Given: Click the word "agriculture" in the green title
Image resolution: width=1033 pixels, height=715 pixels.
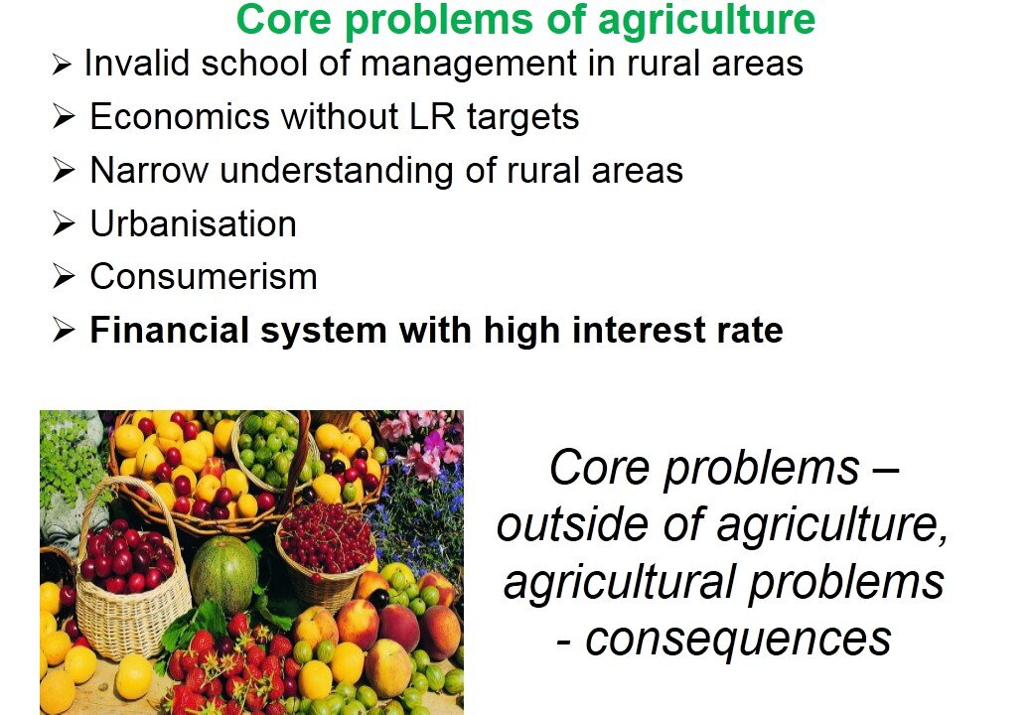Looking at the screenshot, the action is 705,21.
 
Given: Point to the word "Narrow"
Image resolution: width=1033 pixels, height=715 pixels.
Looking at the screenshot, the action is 149,171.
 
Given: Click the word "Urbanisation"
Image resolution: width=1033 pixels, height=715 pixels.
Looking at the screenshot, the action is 193,223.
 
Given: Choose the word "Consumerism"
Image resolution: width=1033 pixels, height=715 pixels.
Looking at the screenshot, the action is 204,276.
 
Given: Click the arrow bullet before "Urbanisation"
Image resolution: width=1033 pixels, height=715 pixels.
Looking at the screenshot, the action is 64,223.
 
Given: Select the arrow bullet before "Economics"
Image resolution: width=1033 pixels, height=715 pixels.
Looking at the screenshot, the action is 64,117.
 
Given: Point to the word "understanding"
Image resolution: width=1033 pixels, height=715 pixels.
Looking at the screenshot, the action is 337,172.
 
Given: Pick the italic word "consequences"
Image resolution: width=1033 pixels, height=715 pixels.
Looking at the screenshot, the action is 738,640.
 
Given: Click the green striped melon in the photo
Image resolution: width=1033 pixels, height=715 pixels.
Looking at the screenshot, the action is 224,573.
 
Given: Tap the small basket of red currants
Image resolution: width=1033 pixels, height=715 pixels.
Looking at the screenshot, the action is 325,552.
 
